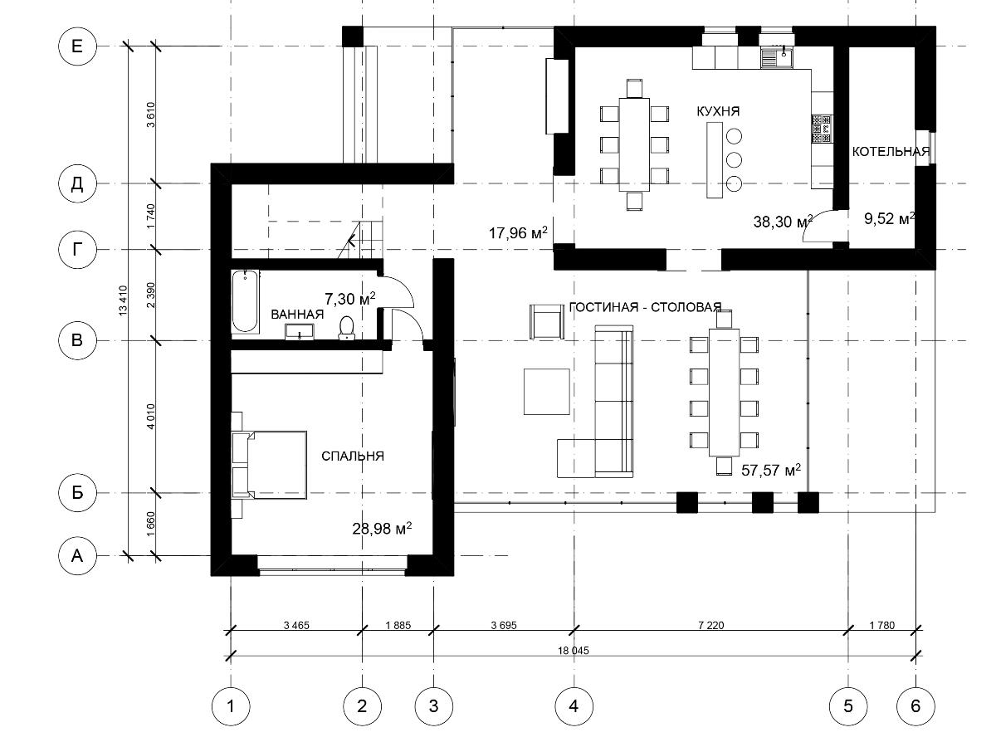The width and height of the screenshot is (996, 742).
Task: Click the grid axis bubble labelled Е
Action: click(x=77, y=46)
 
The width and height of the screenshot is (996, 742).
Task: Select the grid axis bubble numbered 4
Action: click(x=574, y=706)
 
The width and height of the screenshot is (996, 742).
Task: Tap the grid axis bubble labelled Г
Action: click(x=77, y=249)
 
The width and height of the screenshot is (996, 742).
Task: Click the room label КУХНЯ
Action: click(x=718, y=111)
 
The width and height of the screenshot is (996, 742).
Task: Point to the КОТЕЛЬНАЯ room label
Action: click(x=891, y=151)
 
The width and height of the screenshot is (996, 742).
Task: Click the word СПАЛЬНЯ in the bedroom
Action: click(x=353, y=456)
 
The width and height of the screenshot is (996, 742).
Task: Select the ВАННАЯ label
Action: click(x=297, y=315)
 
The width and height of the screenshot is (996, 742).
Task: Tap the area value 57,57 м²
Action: click(x=771, y=470)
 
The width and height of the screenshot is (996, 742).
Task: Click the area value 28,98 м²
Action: click(x=382, y=528)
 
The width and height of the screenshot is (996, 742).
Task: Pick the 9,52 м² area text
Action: click(x=890, y=218)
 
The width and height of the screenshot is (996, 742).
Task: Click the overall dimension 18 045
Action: click(x=574, y=650)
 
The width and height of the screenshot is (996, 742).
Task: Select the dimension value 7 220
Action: click(x=711, y=625)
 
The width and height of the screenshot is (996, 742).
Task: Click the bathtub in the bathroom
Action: click(x=246, y=301)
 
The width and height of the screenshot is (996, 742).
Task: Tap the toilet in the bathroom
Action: click(x=346, y=328)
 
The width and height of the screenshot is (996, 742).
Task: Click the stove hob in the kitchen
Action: click(x=822, y=129)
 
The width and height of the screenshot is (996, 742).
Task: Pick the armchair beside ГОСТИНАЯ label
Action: click(x=546, y=321)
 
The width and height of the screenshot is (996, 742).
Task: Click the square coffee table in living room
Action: click(x=546, y=392)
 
